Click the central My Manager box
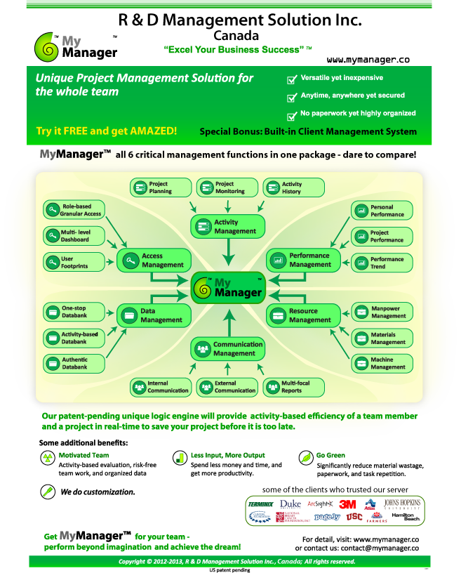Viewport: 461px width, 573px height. pyautogui.click(x=227, y=288)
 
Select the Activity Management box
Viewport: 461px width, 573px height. pyautogui.click(x=228, y=226)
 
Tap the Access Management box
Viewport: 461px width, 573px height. pyautogui.click(x=154, y=261)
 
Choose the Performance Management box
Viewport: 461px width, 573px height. pyautogui.click(x=302, y=260)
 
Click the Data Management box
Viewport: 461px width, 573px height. pyautogui.click(x=154, y=315)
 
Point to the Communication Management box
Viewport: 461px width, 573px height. pyautogui.click(x=228, y=349)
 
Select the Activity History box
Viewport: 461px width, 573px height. pyautogui.click(x=293, y=187)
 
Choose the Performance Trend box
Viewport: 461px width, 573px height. pyautogui.click(x=381, y=263)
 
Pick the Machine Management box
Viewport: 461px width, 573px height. pyautogui.click(x=381, y=363)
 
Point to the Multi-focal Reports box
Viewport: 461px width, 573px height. pyautogui.click(x=293, y=386)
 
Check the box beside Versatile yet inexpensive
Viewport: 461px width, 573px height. pyautogui.click(x=292, y=81)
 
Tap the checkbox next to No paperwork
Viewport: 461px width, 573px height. pyautogui.click(x=292, y=116)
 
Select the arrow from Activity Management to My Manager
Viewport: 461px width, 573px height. pyautogui.click(x=227, y=253)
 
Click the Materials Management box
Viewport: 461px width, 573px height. pyautogui.click(x=381, y=338)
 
